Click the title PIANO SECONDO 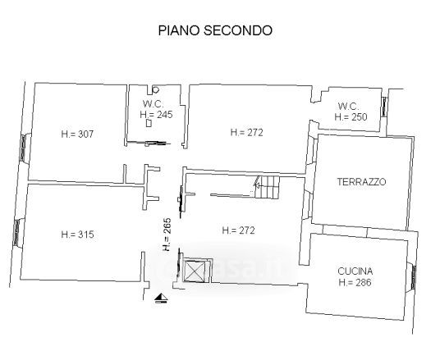[x=215, y=30]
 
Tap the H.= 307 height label [x=77, y=134]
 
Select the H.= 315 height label [x=77, y=235]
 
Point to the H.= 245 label [x=156, y=115]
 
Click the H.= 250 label [x=351, y=117]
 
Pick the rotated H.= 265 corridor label [x=167, y=234]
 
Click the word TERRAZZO [x=361, y=182]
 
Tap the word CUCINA [x=355, y=271]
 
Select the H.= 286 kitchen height [x=355, y=282]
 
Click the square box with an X [x=193, y=271]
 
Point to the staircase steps [x=268, y=187]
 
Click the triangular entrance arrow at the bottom [x=162, y=298]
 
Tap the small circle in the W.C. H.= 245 [x=156, y=90]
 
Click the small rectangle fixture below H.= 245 [x=149, y=123]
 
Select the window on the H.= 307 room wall [x=23, y=148]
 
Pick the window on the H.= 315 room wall [x=16, y=233]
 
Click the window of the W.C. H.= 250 [x=384, y=107]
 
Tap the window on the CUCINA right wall [x=414, y=277]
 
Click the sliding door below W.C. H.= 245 [x=148, y=143]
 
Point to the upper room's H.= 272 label [x=246, y=132]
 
